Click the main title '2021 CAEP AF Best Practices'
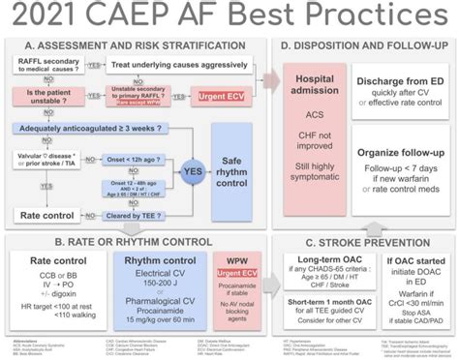tap(229, 16)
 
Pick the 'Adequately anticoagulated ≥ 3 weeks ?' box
tap(95, 126)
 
